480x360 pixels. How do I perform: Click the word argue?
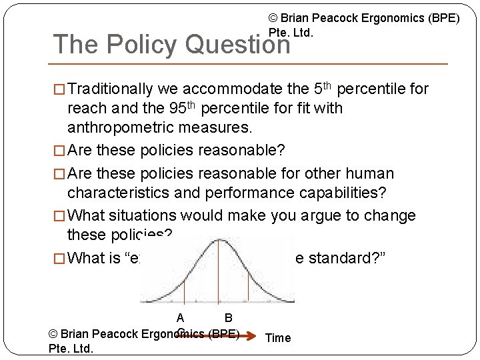(x=309, y=216)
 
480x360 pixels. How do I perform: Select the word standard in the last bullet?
(x=341, y=258)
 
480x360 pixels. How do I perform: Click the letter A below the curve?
(x=181, y=318)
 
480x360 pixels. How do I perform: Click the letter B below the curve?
(x=228, y=318)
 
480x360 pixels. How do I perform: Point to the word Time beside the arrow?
(x=278, y=338)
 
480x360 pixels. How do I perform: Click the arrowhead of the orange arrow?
(x=252, y=333)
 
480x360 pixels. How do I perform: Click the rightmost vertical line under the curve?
(x=249, y=287)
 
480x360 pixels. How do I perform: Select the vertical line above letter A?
(x=181, y=287)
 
